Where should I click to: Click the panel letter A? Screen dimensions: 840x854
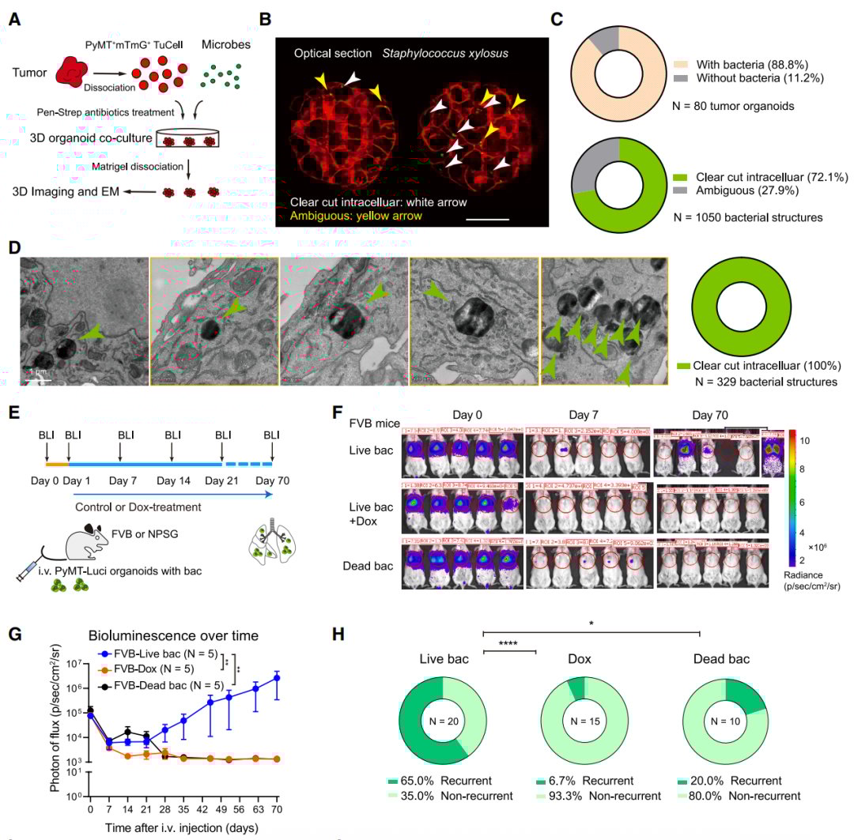click(14, 19)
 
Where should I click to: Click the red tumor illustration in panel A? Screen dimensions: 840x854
click(77, 72)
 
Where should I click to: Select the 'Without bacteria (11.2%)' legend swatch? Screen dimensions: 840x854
click(680, 77)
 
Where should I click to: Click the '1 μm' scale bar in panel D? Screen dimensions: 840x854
click(38, 381)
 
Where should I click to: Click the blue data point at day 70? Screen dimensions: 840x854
click(277, 678)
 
